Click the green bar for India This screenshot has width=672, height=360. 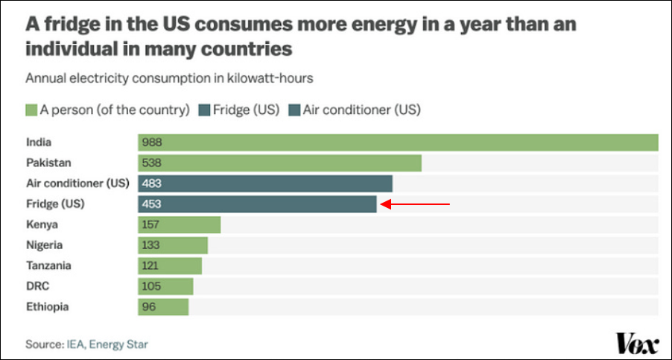tap(398, 142)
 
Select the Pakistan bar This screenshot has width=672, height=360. tap(279, 163)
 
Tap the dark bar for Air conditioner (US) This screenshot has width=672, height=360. tap(264, 183)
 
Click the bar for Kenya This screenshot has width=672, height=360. tap(179, 225)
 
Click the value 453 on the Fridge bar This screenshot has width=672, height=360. tap(153, 204)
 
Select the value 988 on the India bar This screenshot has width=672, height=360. tap(153, 142)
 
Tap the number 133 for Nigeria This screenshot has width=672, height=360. tap(152, 245)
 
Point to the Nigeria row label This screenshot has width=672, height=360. tap(45, 245)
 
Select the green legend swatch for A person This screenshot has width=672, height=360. tap(31, 110)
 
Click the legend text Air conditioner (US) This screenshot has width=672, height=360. tap(359, 110)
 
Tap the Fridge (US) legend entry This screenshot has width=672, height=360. tap(238, 110)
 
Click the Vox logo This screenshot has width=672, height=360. tap(637, 344)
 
